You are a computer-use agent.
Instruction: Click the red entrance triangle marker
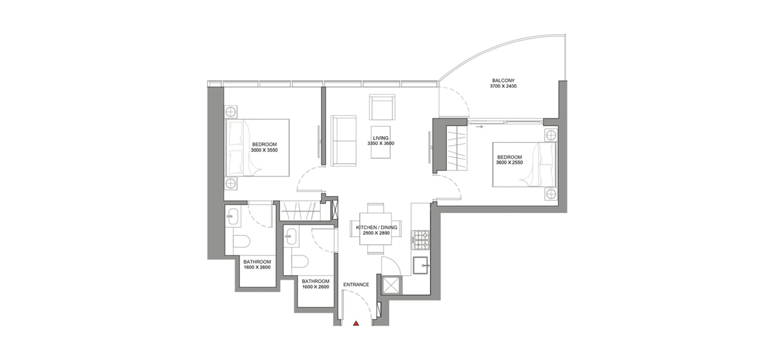(356, 323)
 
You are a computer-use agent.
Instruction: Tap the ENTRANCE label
(356, 285)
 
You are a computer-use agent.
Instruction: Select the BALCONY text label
(503, 80)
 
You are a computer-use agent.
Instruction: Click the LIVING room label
(381, 138)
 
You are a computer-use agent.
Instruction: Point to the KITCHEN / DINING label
(377, 228)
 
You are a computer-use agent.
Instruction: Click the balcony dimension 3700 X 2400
(503, 86)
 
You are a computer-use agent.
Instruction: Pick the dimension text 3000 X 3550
(264, 150)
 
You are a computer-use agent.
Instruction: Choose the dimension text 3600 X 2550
(509, 163)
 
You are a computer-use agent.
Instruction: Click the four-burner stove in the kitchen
(420, 240)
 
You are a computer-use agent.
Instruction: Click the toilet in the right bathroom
(300, 261)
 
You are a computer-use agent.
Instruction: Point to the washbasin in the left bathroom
(232, 216)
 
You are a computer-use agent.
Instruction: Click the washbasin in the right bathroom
(291, 237)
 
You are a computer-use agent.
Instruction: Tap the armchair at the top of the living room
(382, 107)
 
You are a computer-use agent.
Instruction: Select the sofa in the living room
(344, 140)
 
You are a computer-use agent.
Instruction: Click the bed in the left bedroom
(258, 148)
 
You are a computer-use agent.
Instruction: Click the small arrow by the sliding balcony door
(480, 127)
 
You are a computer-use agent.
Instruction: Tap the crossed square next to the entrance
(390, 285)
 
